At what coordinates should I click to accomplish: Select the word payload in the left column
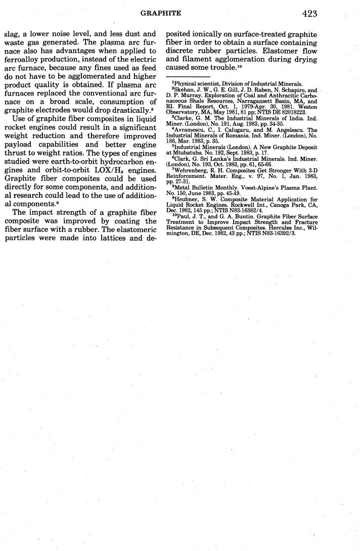coord(19,146)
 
